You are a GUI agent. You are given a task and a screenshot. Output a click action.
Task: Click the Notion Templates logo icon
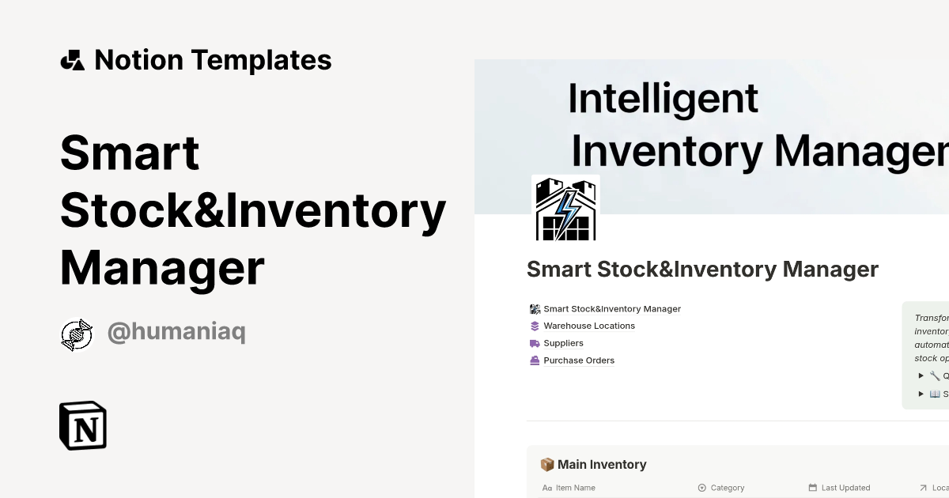(72, 60)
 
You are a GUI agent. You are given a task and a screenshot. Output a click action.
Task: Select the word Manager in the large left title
(162, 268)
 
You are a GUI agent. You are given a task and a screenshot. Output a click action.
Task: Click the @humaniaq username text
(176, 333)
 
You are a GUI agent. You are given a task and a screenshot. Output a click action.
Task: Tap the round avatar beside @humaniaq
(77, 334)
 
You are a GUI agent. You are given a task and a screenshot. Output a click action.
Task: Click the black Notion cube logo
(83, 426)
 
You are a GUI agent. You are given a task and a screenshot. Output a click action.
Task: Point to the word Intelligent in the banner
(663, 99)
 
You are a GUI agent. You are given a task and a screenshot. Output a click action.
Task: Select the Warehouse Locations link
(589, 326)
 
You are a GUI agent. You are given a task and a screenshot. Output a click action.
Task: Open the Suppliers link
(563, 343)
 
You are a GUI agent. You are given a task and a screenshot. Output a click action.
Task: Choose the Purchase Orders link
(579, 360)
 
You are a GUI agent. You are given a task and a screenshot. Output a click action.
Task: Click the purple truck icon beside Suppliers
(535, 343)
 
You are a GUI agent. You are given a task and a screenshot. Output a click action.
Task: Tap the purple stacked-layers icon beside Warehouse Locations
(535, 326)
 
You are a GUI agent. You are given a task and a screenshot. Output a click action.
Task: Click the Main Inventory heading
(602, 465)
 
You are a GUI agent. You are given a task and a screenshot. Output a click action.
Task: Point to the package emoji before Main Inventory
(546, 465)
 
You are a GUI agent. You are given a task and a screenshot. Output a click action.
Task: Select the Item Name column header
(575, 488)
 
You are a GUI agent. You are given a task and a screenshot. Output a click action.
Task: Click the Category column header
(728, 488)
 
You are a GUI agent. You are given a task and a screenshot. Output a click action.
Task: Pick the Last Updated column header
(845, 488)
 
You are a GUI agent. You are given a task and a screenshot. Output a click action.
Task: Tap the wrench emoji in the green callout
(935, 376)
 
